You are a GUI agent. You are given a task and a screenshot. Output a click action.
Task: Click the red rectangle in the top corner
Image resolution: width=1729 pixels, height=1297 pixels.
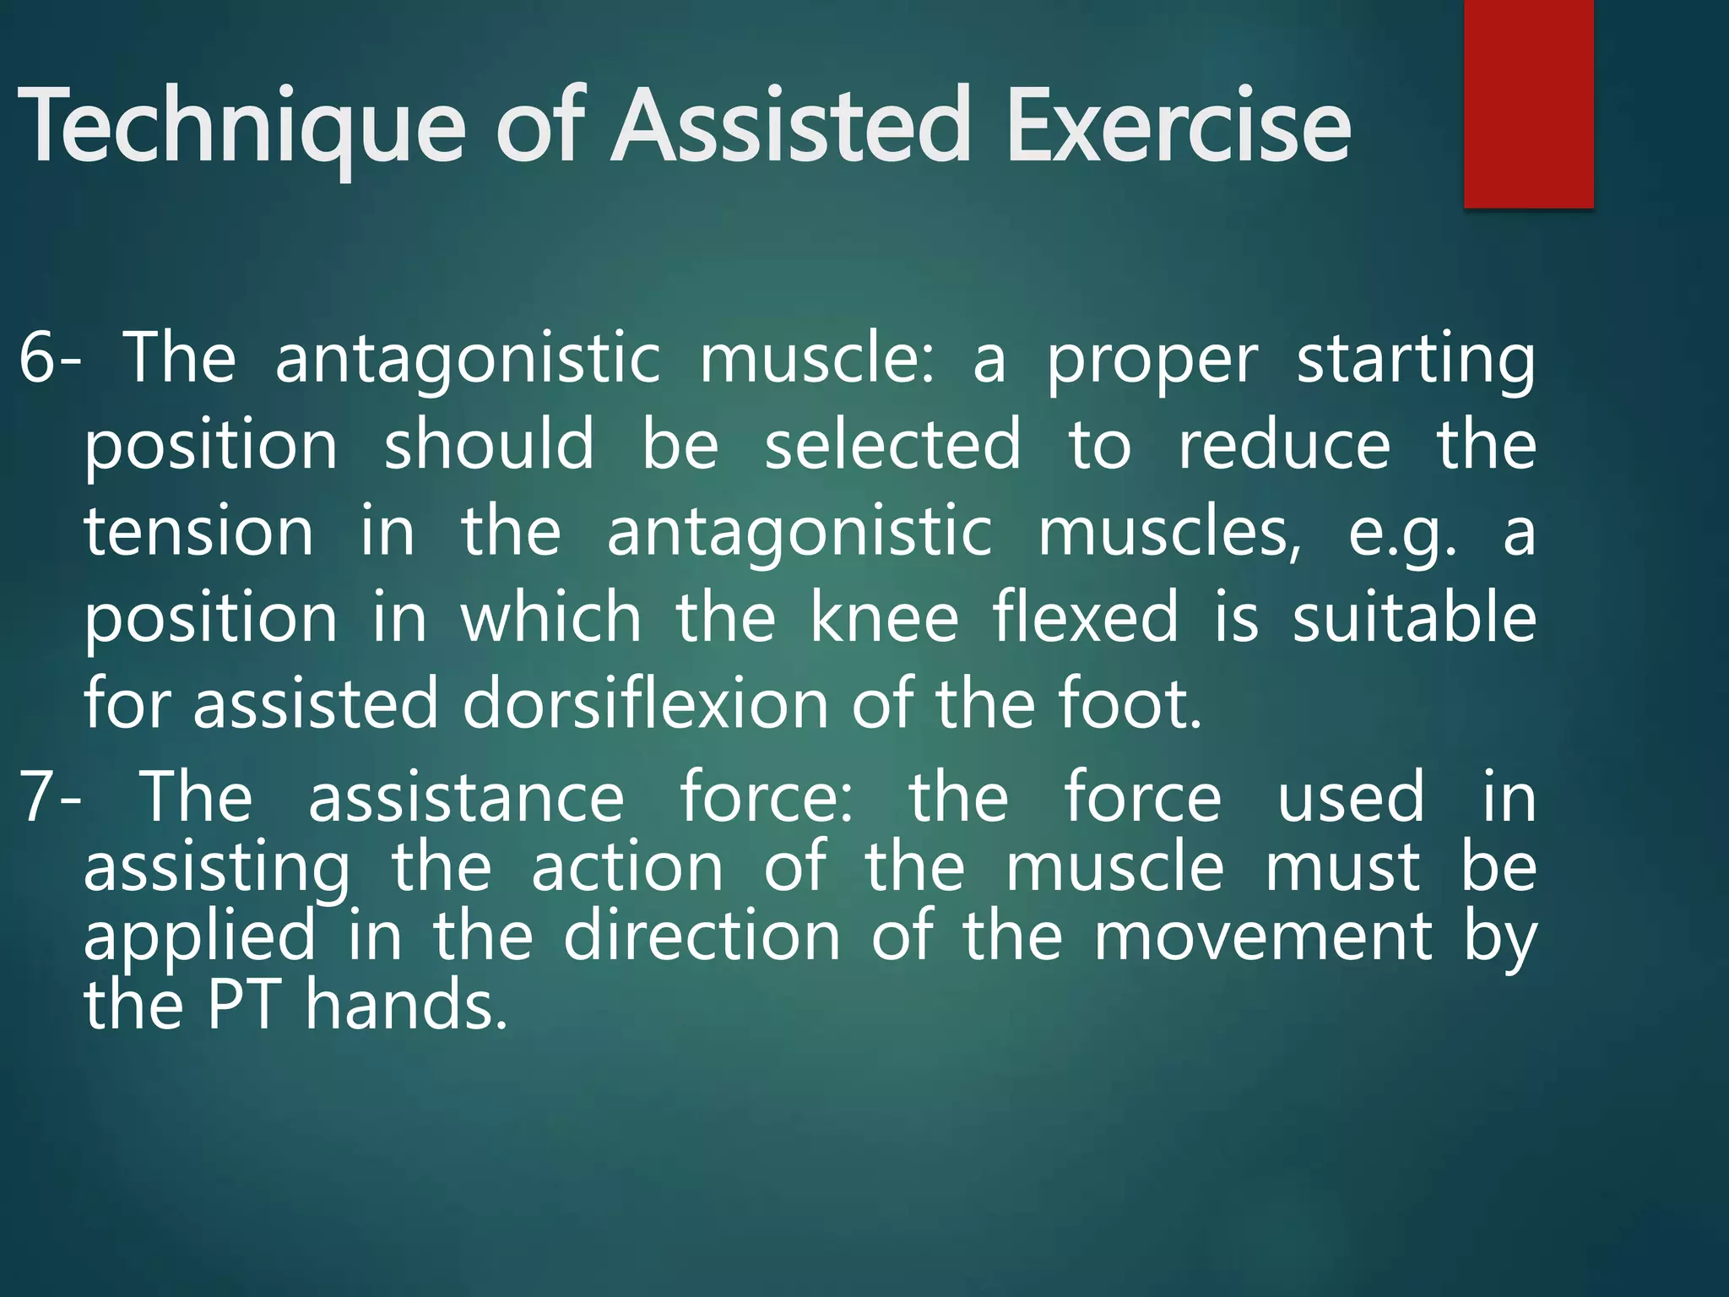click(1528, 103)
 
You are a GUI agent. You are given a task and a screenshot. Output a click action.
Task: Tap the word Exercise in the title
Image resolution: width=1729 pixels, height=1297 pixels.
click(1179, 127)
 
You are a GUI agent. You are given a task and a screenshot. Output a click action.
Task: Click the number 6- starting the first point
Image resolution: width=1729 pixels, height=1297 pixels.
click(49, 358)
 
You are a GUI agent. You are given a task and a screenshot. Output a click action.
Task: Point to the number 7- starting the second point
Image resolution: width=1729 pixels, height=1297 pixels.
click(49, 797)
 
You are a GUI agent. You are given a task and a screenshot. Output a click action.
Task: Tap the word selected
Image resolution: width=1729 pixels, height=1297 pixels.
click(892, 445)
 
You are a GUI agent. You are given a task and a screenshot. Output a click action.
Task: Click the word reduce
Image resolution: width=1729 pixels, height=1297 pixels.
click(1283, 445)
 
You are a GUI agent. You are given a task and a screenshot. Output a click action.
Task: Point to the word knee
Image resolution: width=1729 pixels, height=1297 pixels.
click(884, 618)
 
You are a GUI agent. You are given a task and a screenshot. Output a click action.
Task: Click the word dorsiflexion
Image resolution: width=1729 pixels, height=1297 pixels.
click(645, 704)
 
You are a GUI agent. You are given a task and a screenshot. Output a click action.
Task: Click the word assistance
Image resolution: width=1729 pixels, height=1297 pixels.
click(465, 797)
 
